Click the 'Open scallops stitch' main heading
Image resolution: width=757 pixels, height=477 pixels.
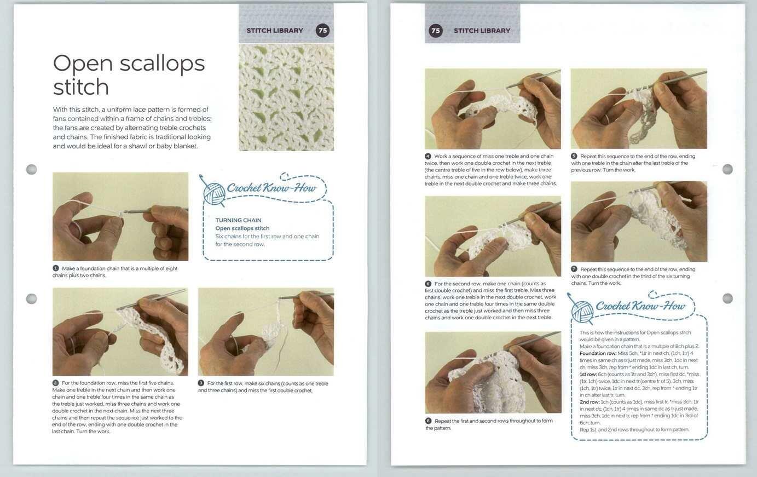[129, 75]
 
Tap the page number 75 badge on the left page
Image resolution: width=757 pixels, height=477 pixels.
[322, 31]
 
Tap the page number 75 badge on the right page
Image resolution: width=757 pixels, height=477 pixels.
[435, 31]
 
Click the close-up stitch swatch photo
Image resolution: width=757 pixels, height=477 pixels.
[286, 97]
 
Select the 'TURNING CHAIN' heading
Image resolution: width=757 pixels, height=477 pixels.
[238, 220]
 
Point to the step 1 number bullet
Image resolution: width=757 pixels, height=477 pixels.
[56, 268]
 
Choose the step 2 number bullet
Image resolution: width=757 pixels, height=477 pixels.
[56, 383]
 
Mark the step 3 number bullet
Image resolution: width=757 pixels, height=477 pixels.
[201, 383]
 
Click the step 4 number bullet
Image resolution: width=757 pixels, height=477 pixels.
[428, 156]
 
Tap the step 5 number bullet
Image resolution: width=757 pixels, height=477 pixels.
[574, 156]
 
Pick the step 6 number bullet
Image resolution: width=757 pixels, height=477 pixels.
[428, 284]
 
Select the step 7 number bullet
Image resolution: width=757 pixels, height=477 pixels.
[574, 269]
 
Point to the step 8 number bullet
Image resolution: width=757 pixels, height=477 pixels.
[428, 421]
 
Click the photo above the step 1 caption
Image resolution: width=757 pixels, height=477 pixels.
[120, 216]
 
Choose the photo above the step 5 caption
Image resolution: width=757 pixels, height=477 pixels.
[639, 108]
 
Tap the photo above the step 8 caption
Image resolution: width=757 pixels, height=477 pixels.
[493, 372]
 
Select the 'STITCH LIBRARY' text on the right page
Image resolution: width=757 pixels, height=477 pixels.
[482, 31]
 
